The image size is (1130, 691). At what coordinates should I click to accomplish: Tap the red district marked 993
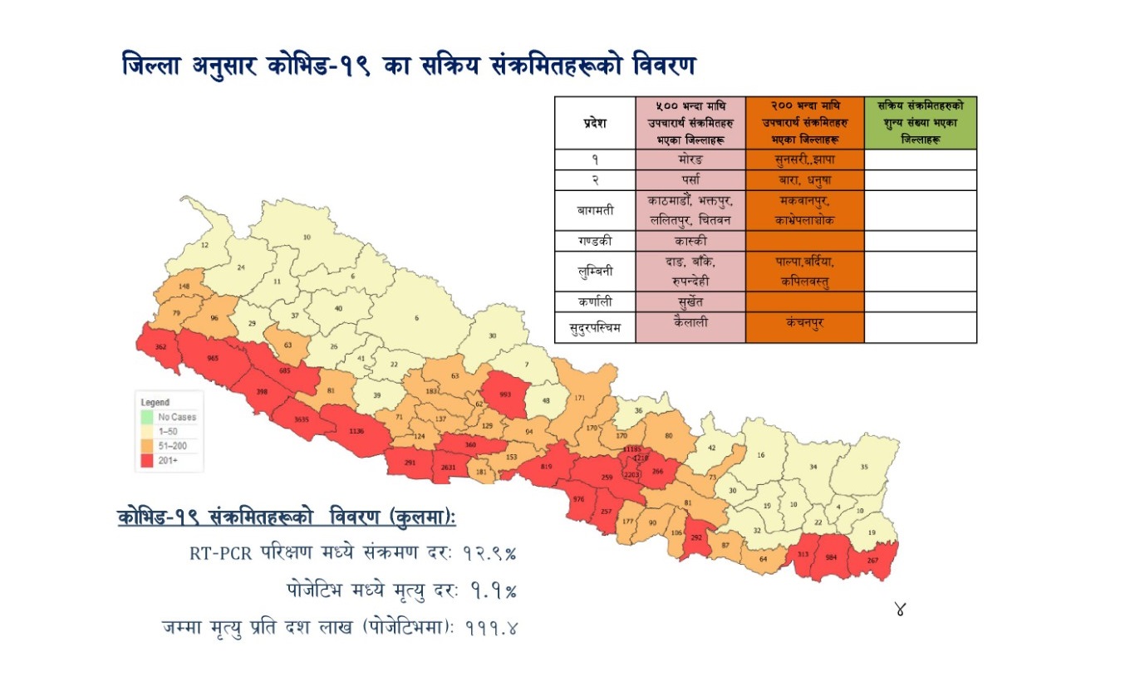click(x=506, y=397)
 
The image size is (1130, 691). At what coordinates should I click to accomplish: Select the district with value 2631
click(x=449, y=468)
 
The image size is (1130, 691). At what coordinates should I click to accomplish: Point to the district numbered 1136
click(x=357, y=431)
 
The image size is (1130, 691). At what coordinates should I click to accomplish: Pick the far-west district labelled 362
click(x=161, y=346)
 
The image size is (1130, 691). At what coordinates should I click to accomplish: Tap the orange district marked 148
click(x=184, y=287)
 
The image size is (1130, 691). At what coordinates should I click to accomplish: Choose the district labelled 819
click(x=546, y=467)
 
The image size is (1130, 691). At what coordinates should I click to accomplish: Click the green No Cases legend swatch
click(x=146, y=417)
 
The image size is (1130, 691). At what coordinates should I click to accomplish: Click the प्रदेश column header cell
click(x=595, y=123)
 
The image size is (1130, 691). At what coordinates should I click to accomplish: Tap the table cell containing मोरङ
click(x=690, y=159)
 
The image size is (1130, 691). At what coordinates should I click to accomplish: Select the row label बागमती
click(x=595, y=211)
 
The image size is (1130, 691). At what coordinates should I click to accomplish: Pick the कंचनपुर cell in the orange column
click(x=804, y=322)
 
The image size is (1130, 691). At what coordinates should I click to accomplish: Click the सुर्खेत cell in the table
click(x=690, y=301)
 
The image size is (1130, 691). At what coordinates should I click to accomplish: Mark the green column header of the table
click(x=920, y=123)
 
